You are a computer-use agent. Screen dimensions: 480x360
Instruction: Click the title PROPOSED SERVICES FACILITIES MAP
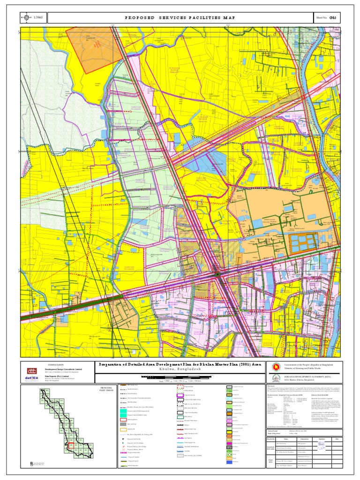click(x=180, y=18)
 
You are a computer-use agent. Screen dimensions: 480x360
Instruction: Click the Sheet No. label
click(x=323, y=18)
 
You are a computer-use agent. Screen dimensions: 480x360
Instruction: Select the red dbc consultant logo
click(x=31, y=369)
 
